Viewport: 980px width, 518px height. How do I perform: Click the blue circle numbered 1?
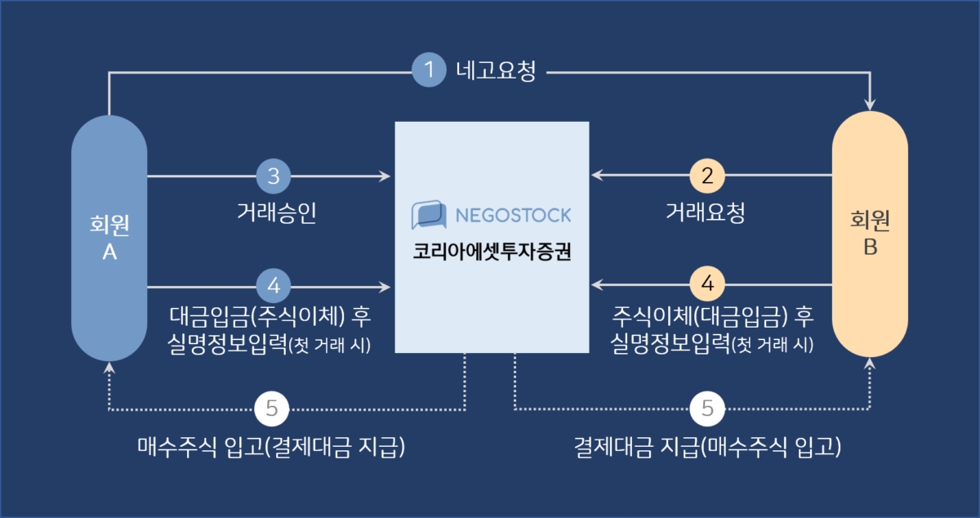coord(429,69)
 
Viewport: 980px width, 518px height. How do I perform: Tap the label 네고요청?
coord(496,70)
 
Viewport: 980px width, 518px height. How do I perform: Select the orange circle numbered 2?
coord(707,176)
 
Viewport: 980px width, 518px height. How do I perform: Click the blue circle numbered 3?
coord(274,176)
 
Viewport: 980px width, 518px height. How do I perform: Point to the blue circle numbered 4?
coord(274,286)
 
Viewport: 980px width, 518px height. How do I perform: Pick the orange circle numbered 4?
coord(707,284)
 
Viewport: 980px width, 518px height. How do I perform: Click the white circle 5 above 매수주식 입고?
coord(272,409)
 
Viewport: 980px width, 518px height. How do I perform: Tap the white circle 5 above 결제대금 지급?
coord(707,409)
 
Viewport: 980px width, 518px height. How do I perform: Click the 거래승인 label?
coord(277,212)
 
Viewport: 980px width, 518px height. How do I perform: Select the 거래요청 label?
coord(706,212)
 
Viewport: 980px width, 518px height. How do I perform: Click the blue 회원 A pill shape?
coord(109,239)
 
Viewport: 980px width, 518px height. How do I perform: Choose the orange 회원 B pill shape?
coord(870,234)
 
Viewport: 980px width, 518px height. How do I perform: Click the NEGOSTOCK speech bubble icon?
coord(429,215)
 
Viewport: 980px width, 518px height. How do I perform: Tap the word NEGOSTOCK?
coord(513,216)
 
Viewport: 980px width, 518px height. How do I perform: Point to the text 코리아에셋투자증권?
coord(492,252)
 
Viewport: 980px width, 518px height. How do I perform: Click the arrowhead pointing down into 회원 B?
coord(870,105)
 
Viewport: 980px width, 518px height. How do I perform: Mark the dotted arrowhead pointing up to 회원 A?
coord(109,368)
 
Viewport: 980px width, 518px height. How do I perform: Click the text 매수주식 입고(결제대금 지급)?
coord(271,447)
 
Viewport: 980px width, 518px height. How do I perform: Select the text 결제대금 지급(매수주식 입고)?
coord(707,447)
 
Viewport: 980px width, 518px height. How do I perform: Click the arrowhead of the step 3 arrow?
coord(385,176)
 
